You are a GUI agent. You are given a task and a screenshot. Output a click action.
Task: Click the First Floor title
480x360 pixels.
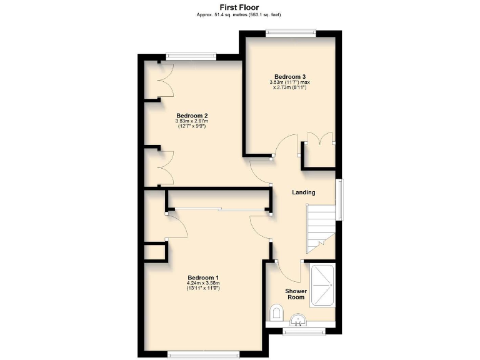pos(240,7)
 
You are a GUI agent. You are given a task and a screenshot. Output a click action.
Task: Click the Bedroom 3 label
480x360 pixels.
pos(290,76)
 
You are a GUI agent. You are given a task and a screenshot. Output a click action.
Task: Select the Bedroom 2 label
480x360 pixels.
pos(192,115)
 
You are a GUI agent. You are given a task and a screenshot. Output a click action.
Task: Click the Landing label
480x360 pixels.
pos(304,192)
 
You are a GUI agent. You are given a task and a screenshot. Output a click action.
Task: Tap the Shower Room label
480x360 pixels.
pos(296,294)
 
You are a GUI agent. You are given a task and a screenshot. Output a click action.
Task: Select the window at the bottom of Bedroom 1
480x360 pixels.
pos(203,355)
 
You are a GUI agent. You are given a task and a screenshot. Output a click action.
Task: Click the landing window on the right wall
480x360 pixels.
pos(339,200)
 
